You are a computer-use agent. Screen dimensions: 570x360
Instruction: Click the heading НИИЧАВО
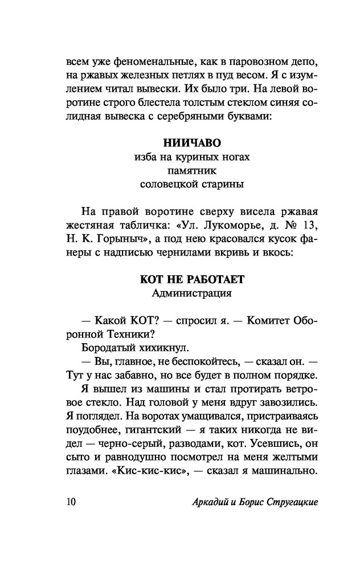pyautogui.click(x=179, y=142)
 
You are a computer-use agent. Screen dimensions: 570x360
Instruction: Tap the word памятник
pyautogui.click(x=179, y=169)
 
